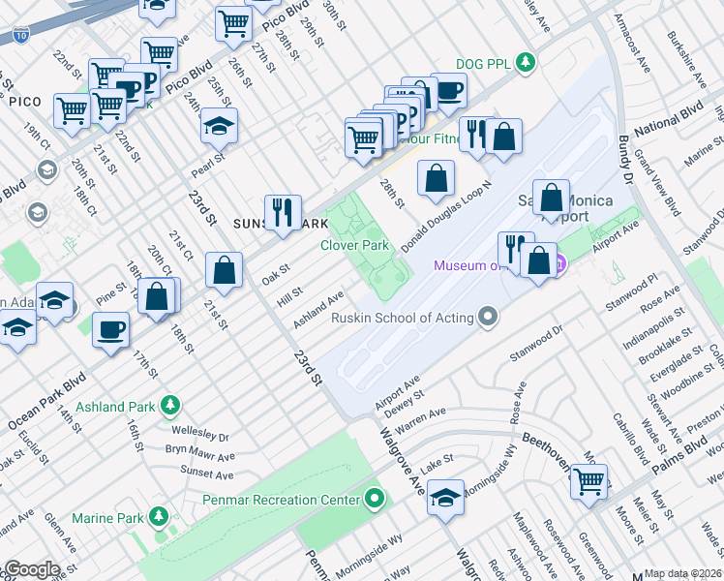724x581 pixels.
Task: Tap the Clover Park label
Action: pyautogui.click(x=354, y=245)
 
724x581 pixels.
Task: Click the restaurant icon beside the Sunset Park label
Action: pyautogui.click(x=283, y=213)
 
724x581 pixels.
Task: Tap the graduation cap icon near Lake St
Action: pyautogui.click(x=446, y=498)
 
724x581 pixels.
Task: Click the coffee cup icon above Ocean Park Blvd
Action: pyautogui.click(x=110, y=329)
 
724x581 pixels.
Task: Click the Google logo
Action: pyautogui.click(x=32, y=569)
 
